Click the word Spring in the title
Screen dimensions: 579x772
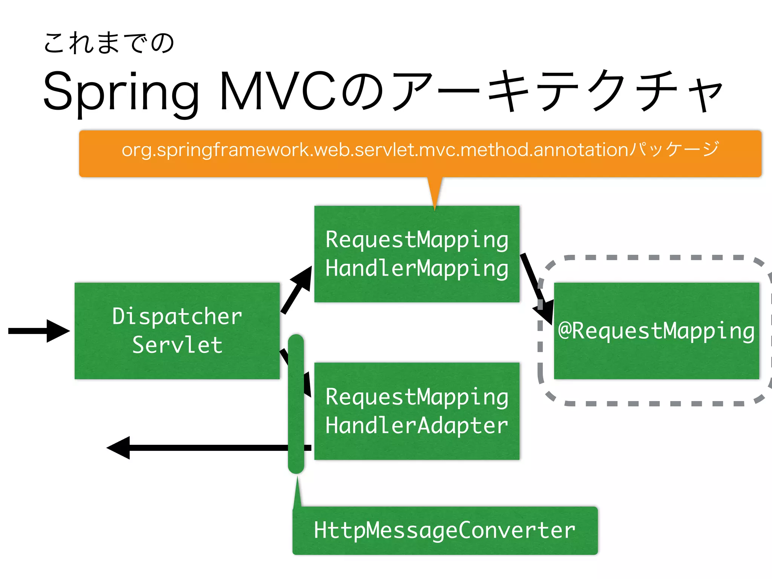tap(121, 92)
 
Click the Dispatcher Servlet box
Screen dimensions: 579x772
tap(177, 331)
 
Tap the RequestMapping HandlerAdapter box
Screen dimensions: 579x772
tap(417, 411)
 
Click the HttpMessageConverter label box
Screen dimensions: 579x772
tap(445, 530)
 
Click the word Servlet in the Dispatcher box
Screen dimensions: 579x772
tap(177, 345)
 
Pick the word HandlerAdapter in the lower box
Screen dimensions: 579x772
tap(417, 426)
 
